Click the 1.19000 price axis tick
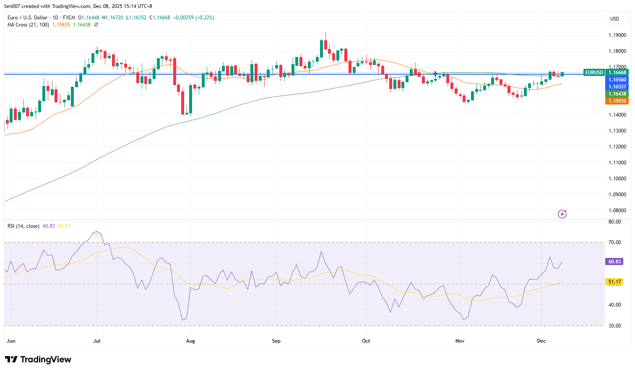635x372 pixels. click(x=617, y=35)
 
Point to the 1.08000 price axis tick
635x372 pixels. click(x=617, y=211)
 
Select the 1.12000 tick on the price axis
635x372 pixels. click(x=617, y=147)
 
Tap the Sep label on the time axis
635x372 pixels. click(x=276, y=341)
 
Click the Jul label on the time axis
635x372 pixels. click(x=97, y=341)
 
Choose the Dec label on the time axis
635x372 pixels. click(x=541, y=341)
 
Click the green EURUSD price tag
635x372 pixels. click(x=594, y=73)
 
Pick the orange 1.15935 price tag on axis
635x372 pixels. click(x=617, y=101)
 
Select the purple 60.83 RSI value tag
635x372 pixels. click(x=614, y=262)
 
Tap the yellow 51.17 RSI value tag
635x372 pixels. click(x=614, y=282)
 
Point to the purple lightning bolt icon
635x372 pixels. click(x=562, y=214)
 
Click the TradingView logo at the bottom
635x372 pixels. click(x=38, y=359)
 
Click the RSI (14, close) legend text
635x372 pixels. click(x=23, y=226)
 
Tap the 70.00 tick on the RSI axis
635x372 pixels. click(x=615, y=242)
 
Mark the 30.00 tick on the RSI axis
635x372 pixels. click(x=615, y=326)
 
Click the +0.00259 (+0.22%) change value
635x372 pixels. click(x=193, y=18)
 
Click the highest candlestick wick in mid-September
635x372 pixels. click(x=325, y=34)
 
